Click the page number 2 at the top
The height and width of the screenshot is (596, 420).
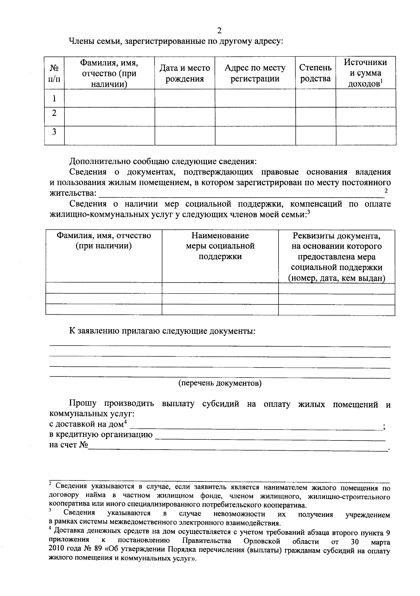[x=219, y=30]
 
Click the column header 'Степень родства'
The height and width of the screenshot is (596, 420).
[x=315, y=73]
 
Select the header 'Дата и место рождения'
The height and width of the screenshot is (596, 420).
[x=184, y=73]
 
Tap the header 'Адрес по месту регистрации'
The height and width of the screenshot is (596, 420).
[x=255, y=73]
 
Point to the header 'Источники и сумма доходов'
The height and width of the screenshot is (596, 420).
[x=365, y=73]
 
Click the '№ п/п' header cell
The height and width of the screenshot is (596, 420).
[x=54, y=73]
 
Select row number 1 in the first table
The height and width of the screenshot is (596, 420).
[x=54, y=98]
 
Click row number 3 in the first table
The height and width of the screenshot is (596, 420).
[x=54, y=132]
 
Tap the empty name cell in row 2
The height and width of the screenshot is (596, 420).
[x=109, y=116]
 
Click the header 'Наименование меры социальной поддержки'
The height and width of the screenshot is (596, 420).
[x=220, y=246]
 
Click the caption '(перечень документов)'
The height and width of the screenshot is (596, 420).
[x=220, y=383]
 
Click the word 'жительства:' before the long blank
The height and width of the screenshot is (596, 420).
[x=72, y=193]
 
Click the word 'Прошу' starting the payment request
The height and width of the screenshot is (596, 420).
[x=83, y=403]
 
